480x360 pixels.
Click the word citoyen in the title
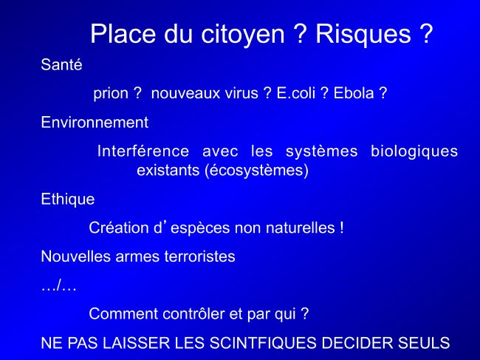point(243,35)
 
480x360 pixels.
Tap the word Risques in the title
point(363,34)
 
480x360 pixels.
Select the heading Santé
point(61,64)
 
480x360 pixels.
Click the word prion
point(111,93)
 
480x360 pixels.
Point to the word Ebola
point(354,93)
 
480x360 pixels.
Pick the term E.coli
point(296,93)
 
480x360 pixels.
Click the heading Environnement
point(95,122)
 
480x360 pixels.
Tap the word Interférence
point(143,151)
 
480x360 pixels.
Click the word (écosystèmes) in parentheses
point(256,170)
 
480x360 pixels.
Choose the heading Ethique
point(68,200)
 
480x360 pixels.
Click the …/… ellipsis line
point(58,287)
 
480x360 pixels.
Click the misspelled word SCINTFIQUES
point(263,343)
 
